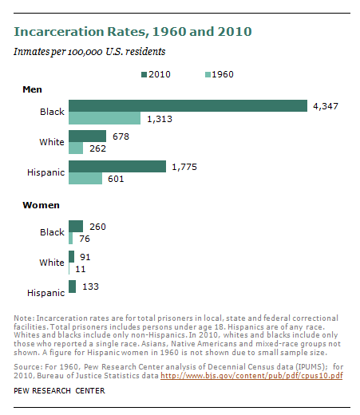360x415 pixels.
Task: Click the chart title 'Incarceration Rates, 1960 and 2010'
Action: pos(133,32)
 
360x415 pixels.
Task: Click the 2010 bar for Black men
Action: pos(188,106)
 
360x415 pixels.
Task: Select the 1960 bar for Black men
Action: pos(105,118)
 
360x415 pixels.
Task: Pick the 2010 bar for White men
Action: pos(87,136)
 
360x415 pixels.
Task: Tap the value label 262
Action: pos(98,148)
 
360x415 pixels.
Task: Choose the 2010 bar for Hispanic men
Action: pos(117,166)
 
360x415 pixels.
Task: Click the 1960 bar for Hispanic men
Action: pos(85,179)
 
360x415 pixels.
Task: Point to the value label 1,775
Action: pos(185,166)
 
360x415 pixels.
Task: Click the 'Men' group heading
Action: pos(32,89)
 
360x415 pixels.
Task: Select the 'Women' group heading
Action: pos(40,205)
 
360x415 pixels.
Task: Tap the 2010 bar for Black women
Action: pos(76,226)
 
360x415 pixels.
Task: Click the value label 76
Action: pos(84,238)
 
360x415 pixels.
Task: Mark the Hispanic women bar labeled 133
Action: pos(72,286)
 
